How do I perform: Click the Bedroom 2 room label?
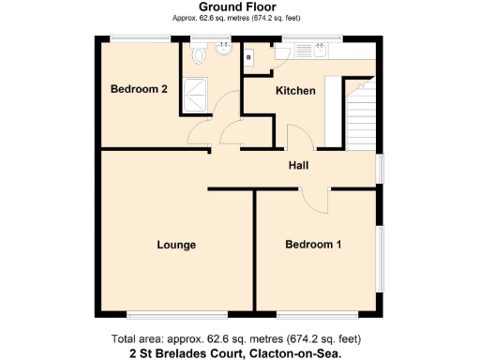(x=139, y=90)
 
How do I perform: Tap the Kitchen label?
(x=294, y=91)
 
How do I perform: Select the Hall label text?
(x=298, y=165)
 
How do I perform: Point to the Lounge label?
(x=176, y=246)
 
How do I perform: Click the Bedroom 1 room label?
(x=313, y=246)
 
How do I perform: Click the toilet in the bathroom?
(x=197, y=57)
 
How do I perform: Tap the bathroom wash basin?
(x=224, y=52)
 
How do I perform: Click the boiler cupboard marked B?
(x=248, y=58)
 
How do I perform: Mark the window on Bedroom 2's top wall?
(x=140, y=37)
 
